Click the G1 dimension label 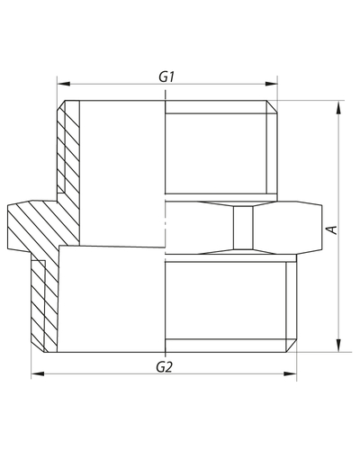click(x=166, y=76)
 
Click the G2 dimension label click(x=165, y=367)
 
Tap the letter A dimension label click(x=332, y=229)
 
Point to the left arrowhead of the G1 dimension click(x=63, y=84)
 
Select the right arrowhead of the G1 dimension click(x=271, y=84)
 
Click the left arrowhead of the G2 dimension click(x=38, y=373)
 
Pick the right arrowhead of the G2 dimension click(x=290, y=373)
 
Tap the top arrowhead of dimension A click(x=338, y=107)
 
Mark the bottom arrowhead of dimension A click(x=338, y=346)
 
